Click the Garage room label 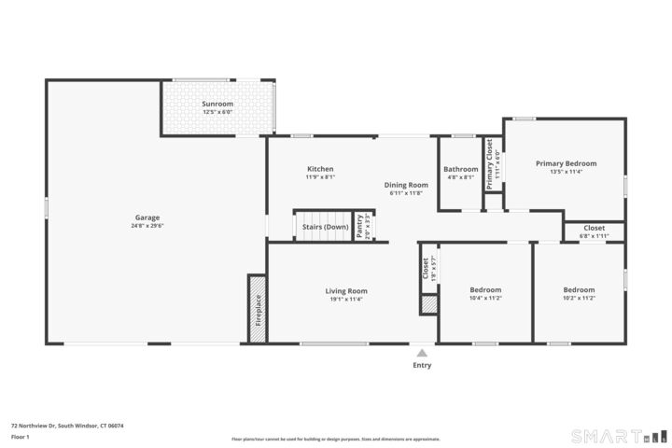pyautogui.click(x=147, y=217)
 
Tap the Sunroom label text pyautogui.click(x=217, y=104)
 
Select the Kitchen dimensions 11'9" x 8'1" pyautogui.click(x=320, y=177)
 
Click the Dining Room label pyautogui.click(x=406, y=185)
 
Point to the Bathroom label pyautogui.click(x=460, y=169)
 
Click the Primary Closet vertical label pyautogui.click(x=488, y=163)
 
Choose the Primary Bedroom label pyautogui.click(x=566, y=163)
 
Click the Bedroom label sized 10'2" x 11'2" pyautogui.click(x=579, y=289)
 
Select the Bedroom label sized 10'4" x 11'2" pyautogui.click(x=485, y=289)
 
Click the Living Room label pyautogui.click(x=345, y=290)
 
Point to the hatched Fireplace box pyautogui.click(x=257, y=308)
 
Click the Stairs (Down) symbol pyautogui.click(x=324, y=226)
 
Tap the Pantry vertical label pyautogui.click(x=360, y=226)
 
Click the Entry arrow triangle pyautogui.click(x=422, y=353)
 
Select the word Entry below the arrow pyautogui.click(x=422, y=365)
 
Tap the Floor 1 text pyautogui.click(x=21, y=437)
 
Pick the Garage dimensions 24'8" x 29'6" pyautogui.click(x=147, y=225)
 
